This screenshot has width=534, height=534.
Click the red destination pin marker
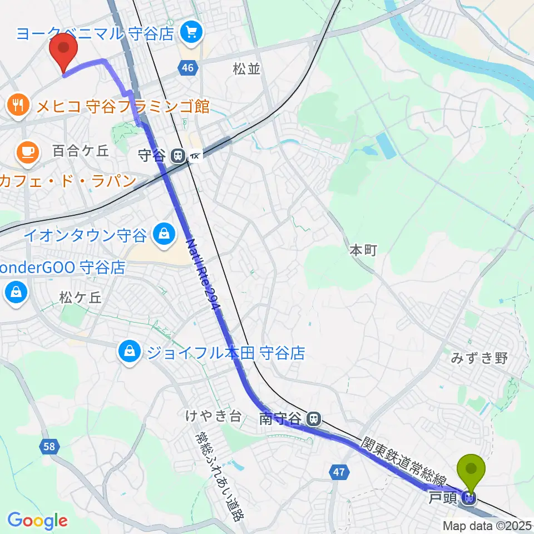(x=63, y=51)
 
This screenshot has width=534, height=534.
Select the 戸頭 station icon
(x=469, y=498)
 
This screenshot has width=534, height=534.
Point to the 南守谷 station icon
(x=315, y=417)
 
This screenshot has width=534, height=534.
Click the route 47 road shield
(x=340, y=472)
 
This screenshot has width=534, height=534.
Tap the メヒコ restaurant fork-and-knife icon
(x=18, y=105)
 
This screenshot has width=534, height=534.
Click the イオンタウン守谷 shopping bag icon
(x=164, y=235)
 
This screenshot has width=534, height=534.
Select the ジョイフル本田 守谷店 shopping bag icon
(x=129, y=352)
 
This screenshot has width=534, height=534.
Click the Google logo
(x=37, y=521)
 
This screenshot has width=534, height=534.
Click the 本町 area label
(x=363, y=251)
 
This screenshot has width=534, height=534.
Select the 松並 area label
(x=246, y=69)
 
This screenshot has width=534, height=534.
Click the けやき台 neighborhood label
(x=214, y=416)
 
